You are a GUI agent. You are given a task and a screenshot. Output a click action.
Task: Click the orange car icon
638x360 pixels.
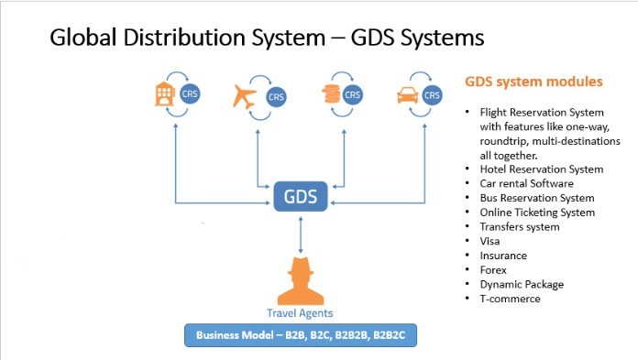click(408, 93)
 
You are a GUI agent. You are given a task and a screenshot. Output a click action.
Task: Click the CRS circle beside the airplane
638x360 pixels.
click(275, 96)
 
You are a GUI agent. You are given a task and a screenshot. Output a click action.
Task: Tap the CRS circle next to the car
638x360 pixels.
click(434, 93)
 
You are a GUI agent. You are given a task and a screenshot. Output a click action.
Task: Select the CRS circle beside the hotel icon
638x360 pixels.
click(190, 93)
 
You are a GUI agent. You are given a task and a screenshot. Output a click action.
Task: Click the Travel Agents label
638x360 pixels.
click(300, 313)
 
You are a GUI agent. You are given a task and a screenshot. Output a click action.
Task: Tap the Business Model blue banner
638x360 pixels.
click(301, 336)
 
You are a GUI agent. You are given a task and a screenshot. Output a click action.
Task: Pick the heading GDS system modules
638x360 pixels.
click(533, 82)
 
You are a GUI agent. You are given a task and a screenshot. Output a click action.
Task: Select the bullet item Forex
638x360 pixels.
click(494, 269)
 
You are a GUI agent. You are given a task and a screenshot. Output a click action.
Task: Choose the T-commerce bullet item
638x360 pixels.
click(510, 299)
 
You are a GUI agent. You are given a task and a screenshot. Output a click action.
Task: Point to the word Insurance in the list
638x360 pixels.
click(503, 256)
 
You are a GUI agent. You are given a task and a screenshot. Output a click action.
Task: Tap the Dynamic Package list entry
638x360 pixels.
click(522, 284)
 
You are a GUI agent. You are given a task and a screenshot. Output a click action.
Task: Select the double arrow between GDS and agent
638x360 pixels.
click(301, 235)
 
